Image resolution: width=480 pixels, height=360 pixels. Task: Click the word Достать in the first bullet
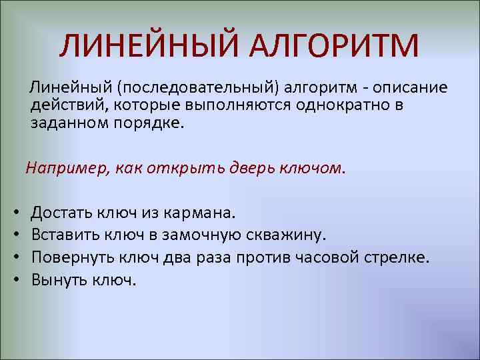click(61, 213)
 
